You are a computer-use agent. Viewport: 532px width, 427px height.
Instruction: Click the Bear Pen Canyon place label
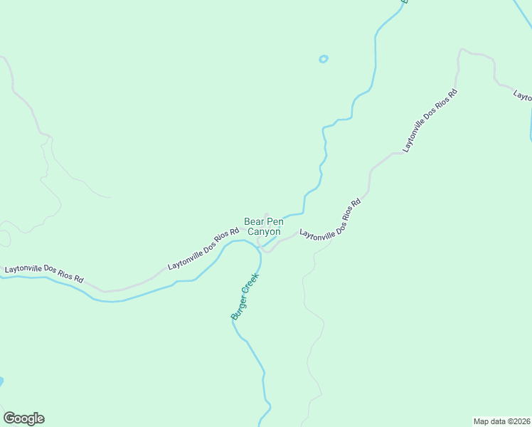click(263, 226)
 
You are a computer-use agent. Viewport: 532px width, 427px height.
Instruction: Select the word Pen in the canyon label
click(275, 222)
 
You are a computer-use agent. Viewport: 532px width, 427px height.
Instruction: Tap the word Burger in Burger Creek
click(237, 307)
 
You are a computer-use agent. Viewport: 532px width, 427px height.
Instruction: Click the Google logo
click(23, 418)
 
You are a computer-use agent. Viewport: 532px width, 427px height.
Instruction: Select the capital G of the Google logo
click(9, 418)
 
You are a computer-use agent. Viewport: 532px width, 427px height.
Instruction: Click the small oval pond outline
click(324, 59)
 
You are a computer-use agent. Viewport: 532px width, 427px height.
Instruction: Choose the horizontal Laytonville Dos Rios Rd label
click(44, 274)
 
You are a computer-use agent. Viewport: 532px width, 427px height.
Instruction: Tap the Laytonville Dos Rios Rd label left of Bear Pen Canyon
click(203, 248)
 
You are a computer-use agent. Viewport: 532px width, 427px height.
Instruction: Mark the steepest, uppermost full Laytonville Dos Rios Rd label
click(430, 121)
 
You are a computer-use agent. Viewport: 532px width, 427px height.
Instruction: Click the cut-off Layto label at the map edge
click(523, 96)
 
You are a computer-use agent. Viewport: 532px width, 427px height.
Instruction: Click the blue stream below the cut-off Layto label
click(530, 125)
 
